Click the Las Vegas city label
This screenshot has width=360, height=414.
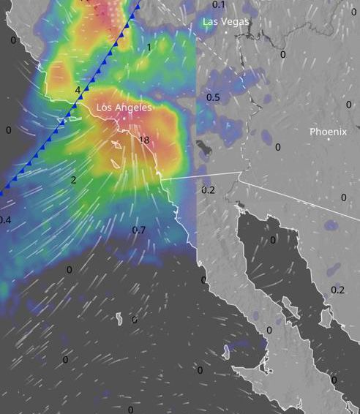tap(226, 22)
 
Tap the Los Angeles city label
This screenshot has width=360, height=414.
tap(124, 108)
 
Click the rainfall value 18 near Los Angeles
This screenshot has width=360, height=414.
tap(143, 140)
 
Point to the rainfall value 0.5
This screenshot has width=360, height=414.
tap(213, 97)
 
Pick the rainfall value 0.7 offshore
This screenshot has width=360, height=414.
tap(138, 230)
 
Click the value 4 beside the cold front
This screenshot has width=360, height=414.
tap(78, 90)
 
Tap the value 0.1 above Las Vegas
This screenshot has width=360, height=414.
tap(219, 4)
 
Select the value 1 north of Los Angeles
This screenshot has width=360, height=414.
tap(149, 48)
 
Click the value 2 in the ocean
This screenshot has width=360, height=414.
tap(74, 180)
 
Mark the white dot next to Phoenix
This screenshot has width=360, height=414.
tap(329, 139)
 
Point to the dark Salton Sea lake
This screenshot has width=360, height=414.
tap(203, 151)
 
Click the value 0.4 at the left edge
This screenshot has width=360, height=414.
tap(5, 220)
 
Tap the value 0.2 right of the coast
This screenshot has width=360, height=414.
tap(209, 190)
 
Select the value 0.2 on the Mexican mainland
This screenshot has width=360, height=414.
tap(337, 290)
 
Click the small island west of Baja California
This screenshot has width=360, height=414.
tap(119, 318)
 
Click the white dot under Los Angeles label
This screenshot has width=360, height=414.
tap(124, 115)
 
